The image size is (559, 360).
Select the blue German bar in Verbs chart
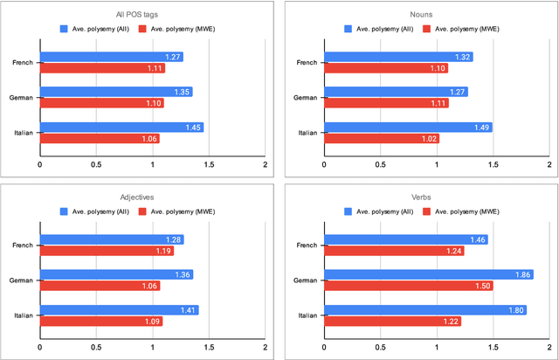(428, 274)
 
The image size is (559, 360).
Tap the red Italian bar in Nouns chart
(381, 138)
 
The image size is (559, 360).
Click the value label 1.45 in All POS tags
(193, 128)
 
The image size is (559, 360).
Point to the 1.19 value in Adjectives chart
(163, 251)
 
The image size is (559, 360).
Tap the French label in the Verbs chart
(306, 245)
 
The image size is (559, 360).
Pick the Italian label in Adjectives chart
(22, 315)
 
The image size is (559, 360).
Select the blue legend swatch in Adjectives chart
(65, 211)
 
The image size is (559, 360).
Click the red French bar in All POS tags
(102, 68)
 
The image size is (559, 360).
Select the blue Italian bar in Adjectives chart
(119, 309)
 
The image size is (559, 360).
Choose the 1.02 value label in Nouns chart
(428, 138)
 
